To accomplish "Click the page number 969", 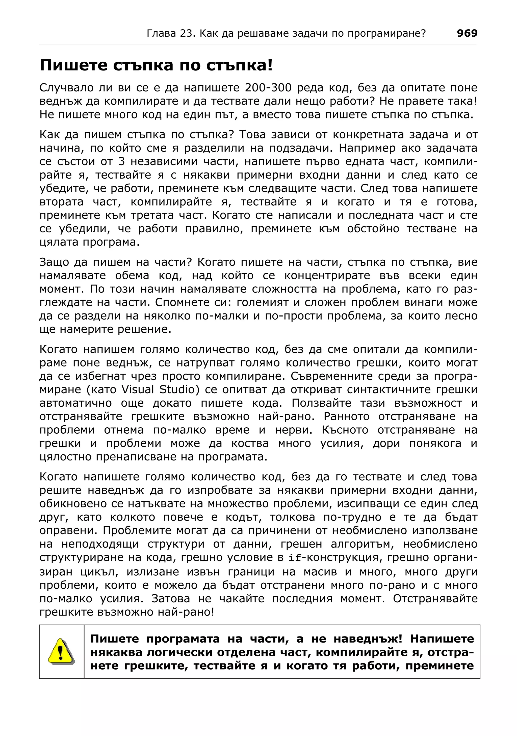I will coord(467,33).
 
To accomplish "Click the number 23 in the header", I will coord(187,33).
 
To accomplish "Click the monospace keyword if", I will coord(295,558).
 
